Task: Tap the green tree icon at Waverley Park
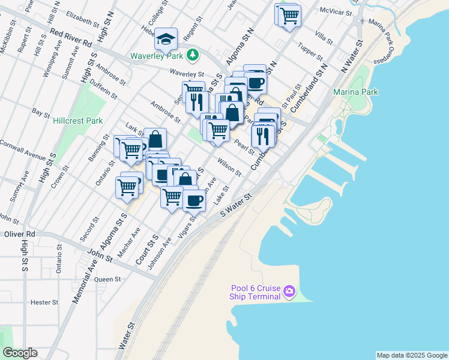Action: [x=192, y=56]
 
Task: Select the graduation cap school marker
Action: [x=166, y=40]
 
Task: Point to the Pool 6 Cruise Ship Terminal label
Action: [x=256, y=292]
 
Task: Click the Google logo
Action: [x=20, y=353]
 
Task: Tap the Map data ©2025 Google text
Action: [x=411, y=355]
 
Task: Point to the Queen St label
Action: [x=108, y=279]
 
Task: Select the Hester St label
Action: [x=43, y=302]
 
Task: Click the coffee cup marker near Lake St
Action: [x=193, y=200]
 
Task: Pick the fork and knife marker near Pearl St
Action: [x=263, y=136]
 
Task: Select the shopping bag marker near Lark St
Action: [x=155, y=139]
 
